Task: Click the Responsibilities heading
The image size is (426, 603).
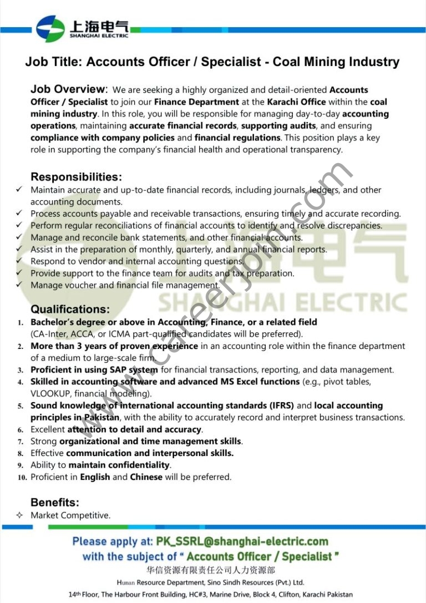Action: coord(76,177)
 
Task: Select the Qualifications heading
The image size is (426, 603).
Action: coord(70,309)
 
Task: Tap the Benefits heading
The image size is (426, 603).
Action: coord(55,502)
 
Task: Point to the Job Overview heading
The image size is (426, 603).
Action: coord(68,89)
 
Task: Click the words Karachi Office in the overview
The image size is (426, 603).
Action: coord(296,102)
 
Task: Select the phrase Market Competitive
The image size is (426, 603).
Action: coord(70,515)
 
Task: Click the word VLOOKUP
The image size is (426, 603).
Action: coord(51,394)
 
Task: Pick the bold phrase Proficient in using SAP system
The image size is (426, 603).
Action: coord(94,369)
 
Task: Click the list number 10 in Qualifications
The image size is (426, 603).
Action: coord(22,477)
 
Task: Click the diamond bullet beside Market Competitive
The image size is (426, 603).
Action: coord(19,515)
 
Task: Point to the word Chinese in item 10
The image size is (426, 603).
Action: coord(146,477)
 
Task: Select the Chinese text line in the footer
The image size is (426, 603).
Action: coord(210,570)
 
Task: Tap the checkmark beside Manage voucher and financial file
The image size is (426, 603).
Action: coord(19,285)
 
